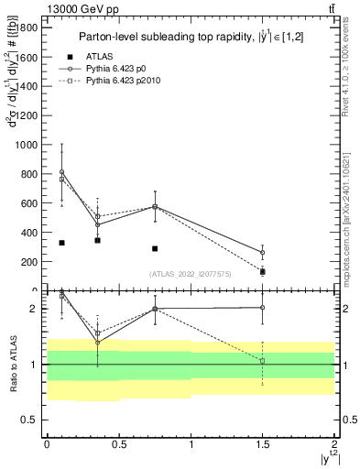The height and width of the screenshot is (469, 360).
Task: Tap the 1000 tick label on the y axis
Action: click(24, 145)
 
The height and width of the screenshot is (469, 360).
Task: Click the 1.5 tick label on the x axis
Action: click(262, 443)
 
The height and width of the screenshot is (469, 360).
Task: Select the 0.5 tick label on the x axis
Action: click(118, 443)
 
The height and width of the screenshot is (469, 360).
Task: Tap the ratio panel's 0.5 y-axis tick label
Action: click(30, 420)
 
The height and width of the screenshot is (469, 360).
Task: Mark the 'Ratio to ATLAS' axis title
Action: click(13, 364)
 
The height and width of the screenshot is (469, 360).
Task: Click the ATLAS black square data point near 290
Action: click(155, 248)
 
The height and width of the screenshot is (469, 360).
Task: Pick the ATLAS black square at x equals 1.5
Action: click(263, 272)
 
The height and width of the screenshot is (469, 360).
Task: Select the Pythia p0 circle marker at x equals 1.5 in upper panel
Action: click(263, 253)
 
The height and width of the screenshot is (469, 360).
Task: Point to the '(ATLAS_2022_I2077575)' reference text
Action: click(189, 274)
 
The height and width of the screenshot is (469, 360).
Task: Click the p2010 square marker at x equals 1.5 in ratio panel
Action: click(263, 361)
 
